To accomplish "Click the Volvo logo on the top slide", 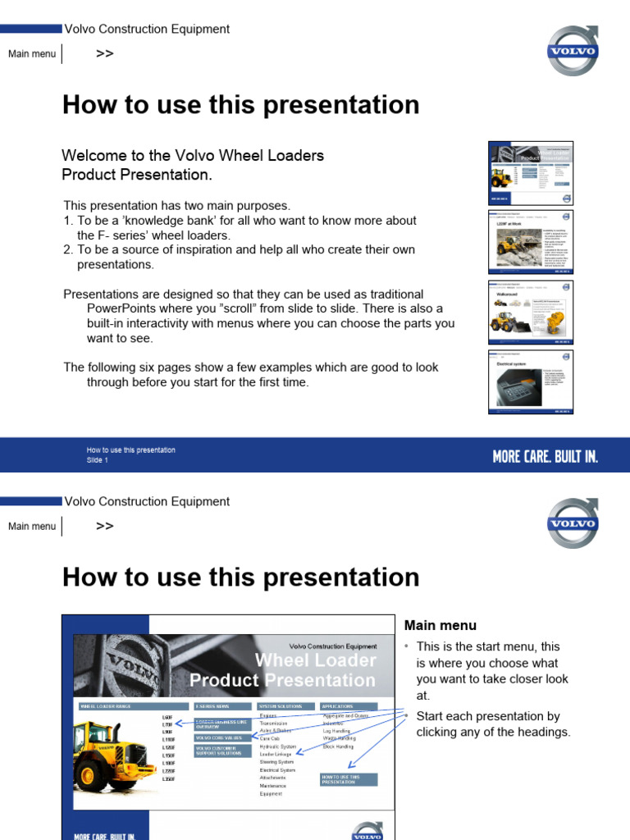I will click(573, 51).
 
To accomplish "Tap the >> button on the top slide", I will click(104, 54).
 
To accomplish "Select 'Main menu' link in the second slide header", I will click(32, 527).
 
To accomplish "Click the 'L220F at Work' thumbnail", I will click(531, 241).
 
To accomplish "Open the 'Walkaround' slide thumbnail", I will click(531, 311).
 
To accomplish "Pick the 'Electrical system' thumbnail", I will click(531, 381).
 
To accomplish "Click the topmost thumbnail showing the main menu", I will click(531, 172).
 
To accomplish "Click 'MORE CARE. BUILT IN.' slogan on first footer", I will click(545, 456).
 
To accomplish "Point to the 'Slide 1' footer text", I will click(98, 460).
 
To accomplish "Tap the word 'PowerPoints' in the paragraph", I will click(124, 308).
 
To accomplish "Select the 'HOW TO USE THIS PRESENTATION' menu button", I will click(348, 779).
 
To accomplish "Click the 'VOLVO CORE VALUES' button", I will click(216, 737).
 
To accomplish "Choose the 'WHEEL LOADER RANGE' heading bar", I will click(131, 705).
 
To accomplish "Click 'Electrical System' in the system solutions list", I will click(277, 770).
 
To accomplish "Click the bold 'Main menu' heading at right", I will click(441, 625).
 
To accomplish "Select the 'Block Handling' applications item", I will click(339, 746).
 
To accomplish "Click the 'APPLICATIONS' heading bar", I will click(348, 705).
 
